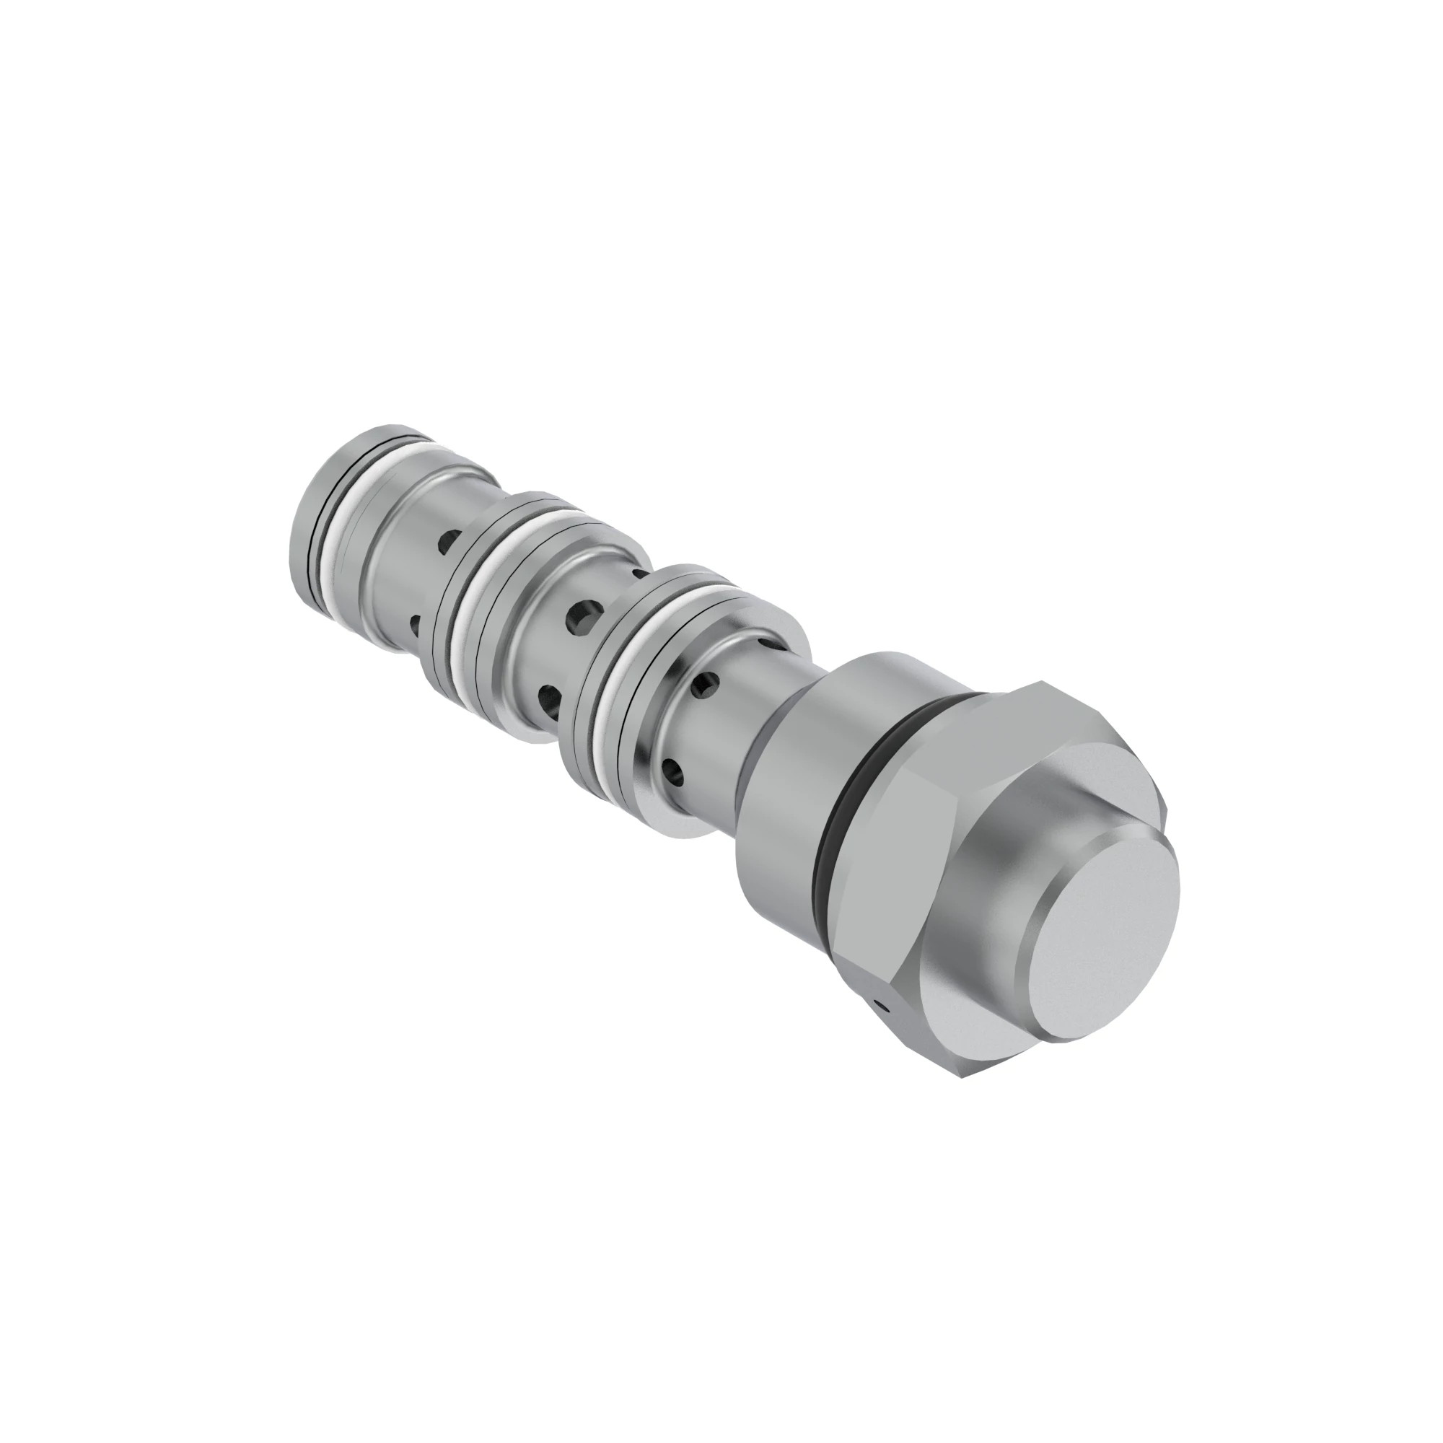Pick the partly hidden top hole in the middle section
tap(639, 576)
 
